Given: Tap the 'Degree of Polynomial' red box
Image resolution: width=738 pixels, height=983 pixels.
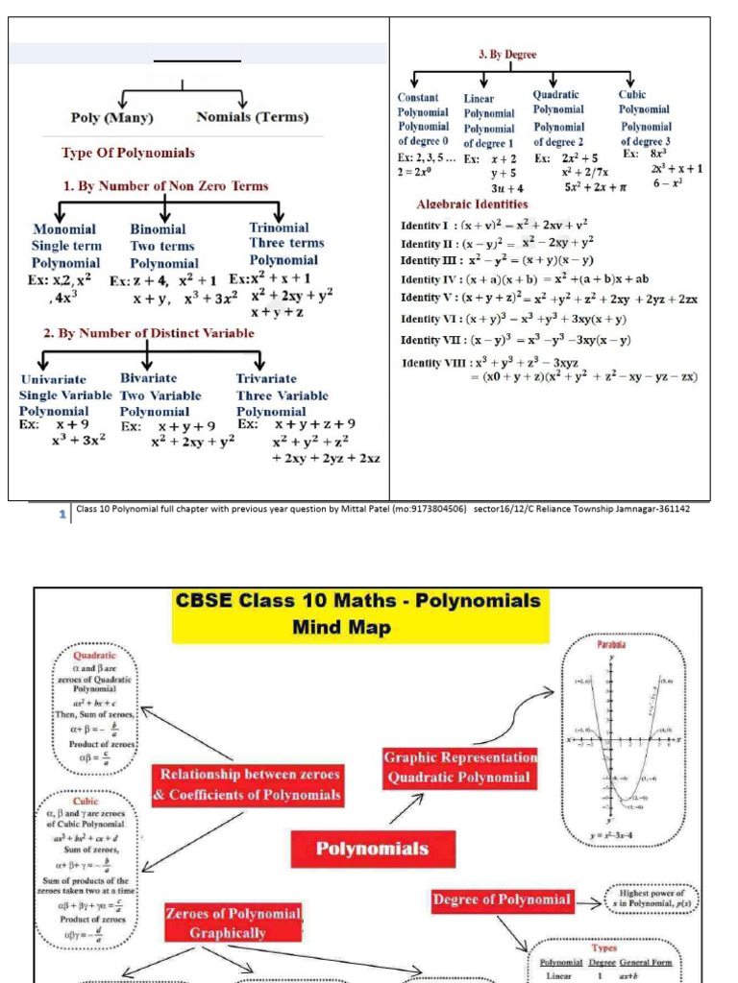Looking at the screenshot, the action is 503,899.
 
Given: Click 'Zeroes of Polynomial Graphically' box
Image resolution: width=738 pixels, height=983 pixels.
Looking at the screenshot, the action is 234,923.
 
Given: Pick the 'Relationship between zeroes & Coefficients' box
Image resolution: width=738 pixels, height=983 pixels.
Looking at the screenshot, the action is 248,784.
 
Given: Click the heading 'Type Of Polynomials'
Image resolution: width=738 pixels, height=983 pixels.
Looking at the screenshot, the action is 128,153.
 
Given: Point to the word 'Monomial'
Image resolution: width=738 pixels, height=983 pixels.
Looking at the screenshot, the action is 64,229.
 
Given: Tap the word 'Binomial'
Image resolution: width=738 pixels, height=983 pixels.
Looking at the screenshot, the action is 158,229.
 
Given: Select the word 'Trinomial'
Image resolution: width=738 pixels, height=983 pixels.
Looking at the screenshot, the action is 279,228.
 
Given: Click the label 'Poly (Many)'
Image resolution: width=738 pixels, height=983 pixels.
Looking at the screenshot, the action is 112,117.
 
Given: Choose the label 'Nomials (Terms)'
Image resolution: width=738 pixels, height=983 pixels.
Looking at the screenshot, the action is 252,117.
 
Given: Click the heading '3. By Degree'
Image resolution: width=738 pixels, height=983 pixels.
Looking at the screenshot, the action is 507,55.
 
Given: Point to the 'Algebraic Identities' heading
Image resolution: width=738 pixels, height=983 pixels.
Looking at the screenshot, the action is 472,204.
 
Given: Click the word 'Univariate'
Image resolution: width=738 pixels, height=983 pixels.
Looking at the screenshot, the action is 53,379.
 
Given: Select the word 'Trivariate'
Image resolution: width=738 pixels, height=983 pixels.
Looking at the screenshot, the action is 266,379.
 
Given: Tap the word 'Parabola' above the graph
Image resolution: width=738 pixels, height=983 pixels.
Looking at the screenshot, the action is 611,645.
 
